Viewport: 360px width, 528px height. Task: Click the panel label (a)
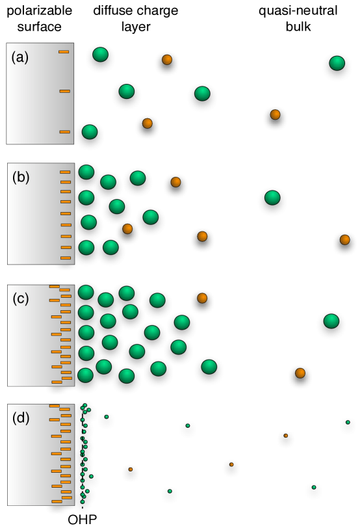[x=20, y=57]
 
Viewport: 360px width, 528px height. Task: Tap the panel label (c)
[x=21, y=298]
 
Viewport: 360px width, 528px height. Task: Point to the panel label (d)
[x=21, y=418]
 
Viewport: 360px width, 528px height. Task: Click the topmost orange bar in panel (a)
[x=64, y=51]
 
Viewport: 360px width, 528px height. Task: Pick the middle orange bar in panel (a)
[x=64, y=91]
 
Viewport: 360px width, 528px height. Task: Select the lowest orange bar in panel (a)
[x=64, y=132]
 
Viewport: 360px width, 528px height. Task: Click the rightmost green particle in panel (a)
[x=337, y=64]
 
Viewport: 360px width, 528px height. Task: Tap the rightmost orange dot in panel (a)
[x=275, y=114]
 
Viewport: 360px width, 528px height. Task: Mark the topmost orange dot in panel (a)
[x=167, y=60]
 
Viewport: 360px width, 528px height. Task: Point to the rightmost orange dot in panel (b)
[x=344, y=239]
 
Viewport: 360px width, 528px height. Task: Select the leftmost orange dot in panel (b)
[x=127, y=229]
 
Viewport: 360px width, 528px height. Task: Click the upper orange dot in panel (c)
[x=202, y=298]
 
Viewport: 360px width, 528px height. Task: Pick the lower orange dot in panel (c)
[x=300, y=373]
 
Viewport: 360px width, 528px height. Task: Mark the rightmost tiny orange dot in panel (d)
[x=286, y=436]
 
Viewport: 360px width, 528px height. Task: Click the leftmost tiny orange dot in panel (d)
[x=131, y=469]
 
